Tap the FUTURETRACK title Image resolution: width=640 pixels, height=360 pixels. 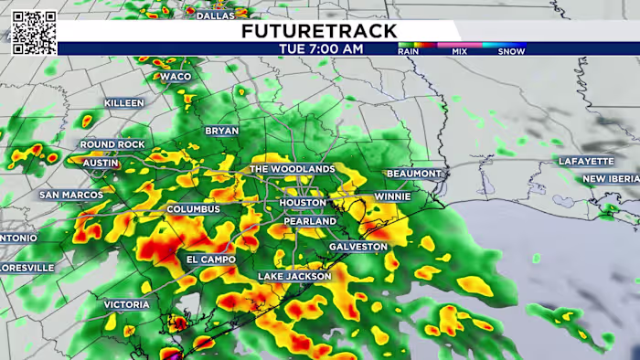click(319, 31)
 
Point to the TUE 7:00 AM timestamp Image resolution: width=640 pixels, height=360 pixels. click(319, 48)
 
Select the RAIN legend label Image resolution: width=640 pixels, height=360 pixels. click(409, 52)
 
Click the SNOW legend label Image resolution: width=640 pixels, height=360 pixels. click(511, 52)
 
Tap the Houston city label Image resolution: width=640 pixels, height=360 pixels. click(302, 203)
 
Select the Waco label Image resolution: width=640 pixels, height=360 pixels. click(176, 77)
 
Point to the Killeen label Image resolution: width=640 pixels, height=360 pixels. click(124, 103)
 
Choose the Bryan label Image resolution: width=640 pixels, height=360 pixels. click(221, 131)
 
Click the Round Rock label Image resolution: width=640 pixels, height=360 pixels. click(112, 144)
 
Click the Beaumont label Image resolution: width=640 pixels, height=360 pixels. click(413, 174)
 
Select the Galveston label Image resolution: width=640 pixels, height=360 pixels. click(358, 247)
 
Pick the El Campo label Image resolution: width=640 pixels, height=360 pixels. click(211, 259)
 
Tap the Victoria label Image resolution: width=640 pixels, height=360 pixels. click(126, 304)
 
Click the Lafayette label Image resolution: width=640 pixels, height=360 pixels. click(585, 162)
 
